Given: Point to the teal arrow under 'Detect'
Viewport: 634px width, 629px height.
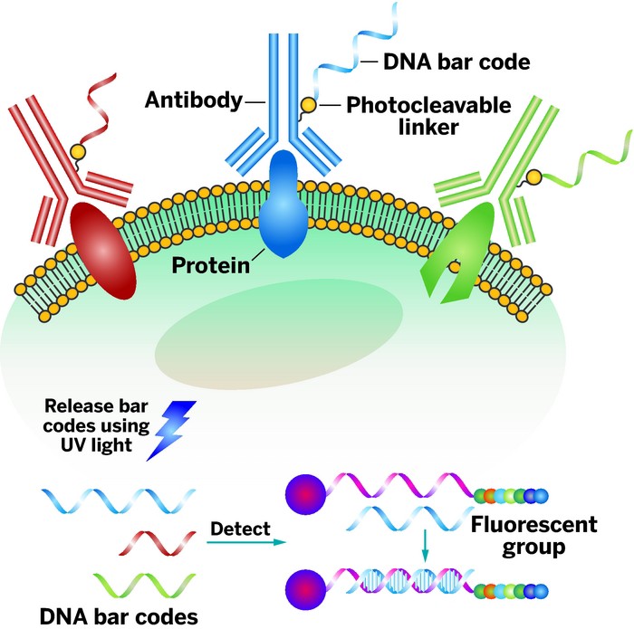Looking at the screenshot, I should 244,543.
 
